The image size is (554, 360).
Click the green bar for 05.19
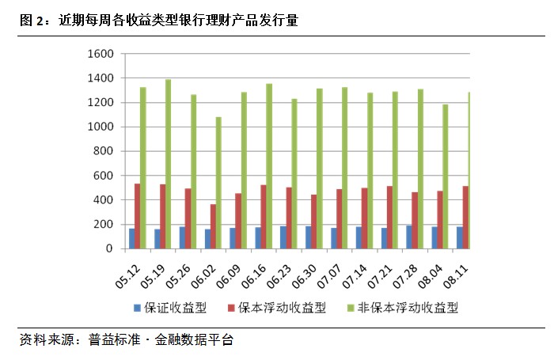coord(169,164)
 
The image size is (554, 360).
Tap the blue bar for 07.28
coord(409,237)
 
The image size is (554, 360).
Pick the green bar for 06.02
coord(219,183)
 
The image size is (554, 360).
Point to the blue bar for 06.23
coord(283,237)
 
